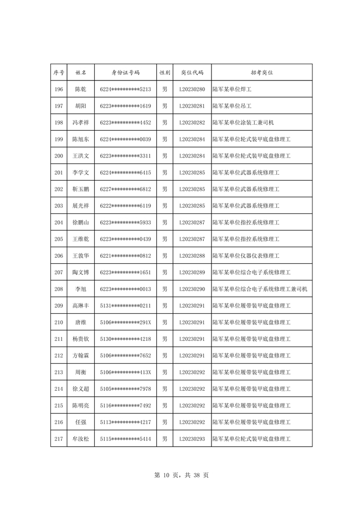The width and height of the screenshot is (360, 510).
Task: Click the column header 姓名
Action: coord(80,73)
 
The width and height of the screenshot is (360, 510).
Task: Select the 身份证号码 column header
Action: coord(126,73)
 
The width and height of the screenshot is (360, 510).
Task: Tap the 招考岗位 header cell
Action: coord(261,73)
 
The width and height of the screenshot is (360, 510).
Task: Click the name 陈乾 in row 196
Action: coord(80,89)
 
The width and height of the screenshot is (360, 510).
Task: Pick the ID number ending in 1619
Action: coord(126,106)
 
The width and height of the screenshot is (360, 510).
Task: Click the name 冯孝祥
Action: coord(80,123)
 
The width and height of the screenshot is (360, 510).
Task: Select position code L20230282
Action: coord(192,123)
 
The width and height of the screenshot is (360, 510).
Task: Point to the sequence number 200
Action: coord(59,156)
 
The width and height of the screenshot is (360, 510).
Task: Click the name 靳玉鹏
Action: coord(80,189)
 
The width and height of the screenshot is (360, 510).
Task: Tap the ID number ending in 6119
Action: coord(126,206)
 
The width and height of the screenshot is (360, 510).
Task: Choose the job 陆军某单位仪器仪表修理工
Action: coord(246,256)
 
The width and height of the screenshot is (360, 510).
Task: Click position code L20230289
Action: coord(192,272)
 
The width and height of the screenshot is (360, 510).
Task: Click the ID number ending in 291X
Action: coord(126,322)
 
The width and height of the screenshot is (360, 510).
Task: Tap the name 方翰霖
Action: coord(80,355)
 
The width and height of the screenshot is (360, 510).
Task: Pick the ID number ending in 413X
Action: coord(126,372)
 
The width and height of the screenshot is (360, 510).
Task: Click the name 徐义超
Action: coord(80,389)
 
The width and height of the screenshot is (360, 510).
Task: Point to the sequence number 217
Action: coord(59,438)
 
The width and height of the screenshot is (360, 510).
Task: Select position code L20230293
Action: coord(192,438)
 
